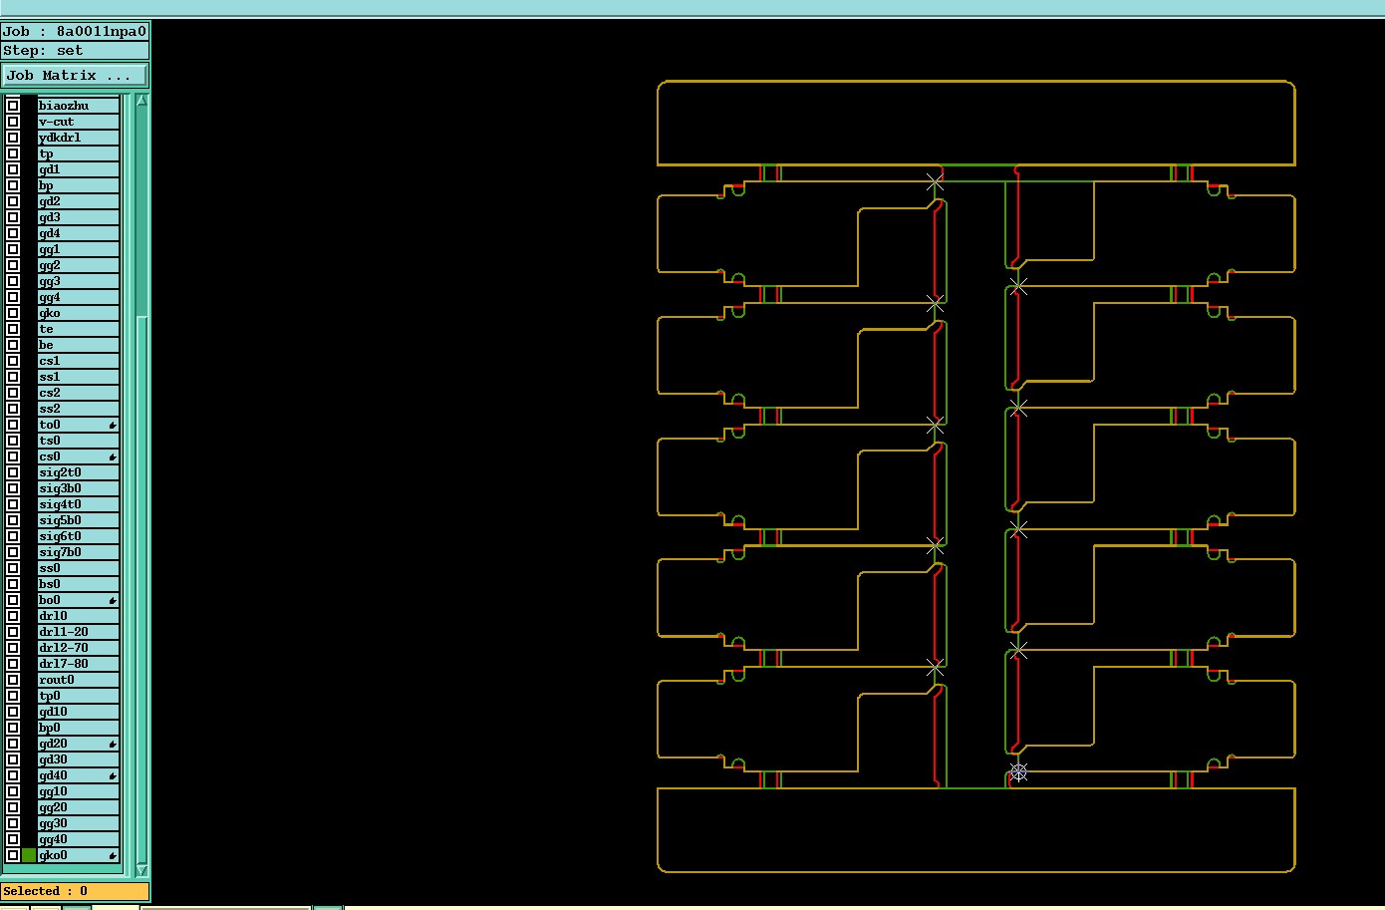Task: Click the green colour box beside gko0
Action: [29, 855]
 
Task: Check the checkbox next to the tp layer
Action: [13, 153]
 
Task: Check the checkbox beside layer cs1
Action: [13, 361]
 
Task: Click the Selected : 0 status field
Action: [75, 891]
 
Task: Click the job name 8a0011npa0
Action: [101, 31]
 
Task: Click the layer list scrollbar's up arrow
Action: [141, 101]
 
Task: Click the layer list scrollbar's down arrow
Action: [141, 869]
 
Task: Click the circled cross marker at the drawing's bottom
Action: [1018, 772]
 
